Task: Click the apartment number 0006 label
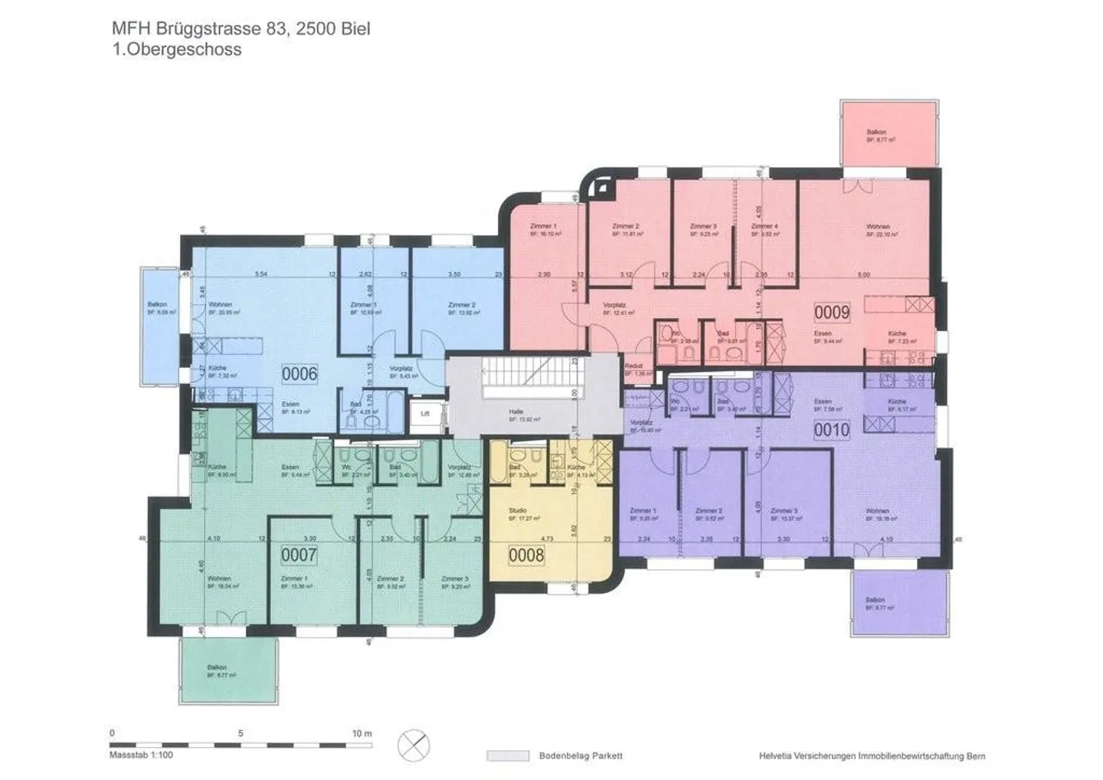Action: click(299, 374)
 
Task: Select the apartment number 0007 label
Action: click(299, 554)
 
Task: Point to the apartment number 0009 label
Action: click(832, 312)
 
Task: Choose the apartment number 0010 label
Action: click(832, 430)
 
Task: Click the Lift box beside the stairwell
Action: click(426, 414)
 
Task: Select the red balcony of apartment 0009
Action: click(889, 133)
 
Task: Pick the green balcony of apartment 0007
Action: click(229, 670)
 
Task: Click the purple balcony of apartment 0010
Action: click(895, 603)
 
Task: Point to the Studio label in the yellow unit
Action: click(518, 510)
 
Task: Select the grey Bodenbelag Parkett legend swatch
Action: click(508, 756)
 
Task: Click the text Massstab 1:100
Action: click(141, 755)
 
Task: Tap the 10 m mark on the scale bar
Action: click(362, 733)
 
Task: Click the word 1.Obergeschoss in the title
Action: click(176, 50)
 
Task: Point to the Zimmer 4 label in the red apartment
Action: click(764, 227)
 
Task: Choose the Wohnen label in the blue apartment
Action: click(220, 304)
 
